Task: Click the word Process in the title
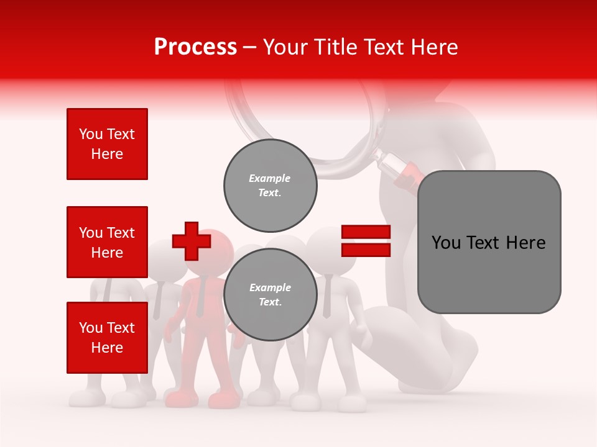195,47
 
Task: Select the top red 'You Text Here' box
107,144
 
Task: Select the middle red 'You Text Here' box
107,242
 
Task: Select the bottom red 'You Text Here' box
107,337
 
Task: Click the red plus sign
190,242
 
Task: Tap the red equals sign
366,241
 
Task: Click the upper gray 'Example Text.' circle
270,186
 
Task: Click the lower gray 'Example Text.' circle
270,294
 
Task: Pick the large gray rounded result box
489,242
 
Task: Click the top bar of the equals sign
366,232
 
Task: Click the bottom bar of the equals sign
366,250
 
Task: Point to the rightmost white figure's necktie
326,298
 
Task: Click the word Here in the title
434,47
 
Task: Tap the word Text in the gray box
489,242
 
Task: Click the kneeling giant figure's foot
448,366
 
